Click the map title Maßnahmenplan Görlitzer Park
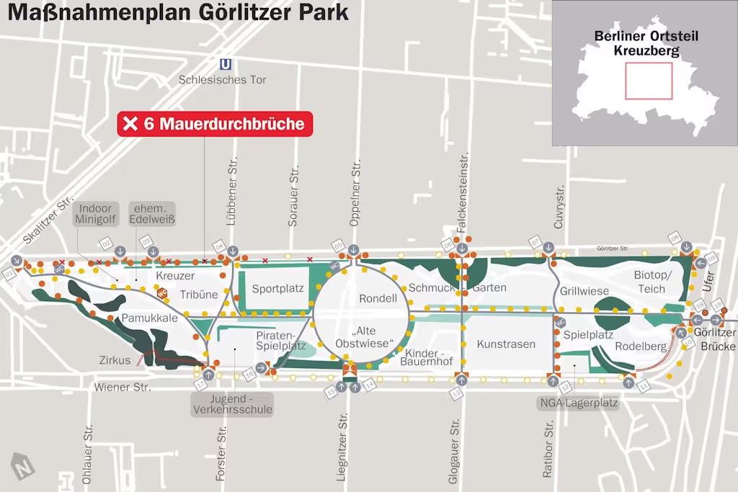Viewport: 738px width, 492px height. click(178, 12)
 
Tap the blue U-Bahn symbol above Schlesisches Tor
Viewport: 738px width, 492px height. click(226, 65)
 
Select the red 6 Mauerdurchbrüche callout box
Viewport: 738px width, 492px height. click(215, 124)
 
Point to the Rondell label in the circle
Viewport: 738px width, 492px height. click(378, 298)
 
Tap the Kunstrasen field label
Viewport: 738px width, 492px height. click(506, 344)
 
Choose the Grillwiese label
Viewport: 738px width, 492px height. click(584, 292)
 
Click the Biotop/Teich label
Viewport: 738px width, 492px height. click(652, 282)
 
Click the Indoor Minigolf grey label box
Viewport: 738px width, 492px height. click(95, 215)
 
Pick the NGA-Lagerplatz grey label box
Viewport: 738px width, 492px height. click(578, 403)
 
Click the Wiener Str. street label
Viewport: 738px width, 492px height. click(123, 388)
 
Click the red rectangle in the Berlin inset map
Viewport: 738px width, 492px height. click(648, 81)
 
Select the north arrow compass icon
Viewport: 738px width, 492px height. click(22, 466)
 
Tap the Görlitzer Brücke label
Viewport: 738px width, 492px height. click(714, 339)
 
